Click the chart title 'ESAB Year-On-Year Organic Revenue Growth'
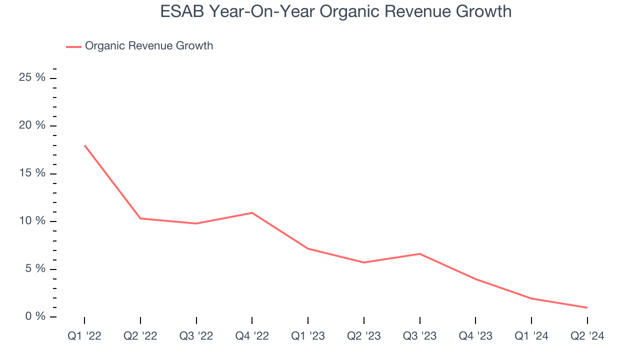[336, 11]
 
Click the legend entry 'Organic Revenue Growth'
[148, 46]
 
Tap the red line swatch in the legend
[73, 46]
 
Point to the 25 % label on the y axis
[32, 77]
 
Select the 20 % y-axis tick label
[32, 125]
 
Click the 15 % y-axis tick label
[32, 173]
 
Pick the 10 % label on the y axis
[32, 221]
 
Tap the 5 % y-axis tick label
[35, 269]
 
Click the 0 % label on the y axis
[35, 316]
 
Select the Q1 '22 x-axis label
[84, 336]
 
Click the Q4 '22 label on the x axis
[252, 336]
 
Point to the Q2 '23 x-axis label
[364, 336]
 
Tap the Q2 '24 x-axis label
[587, 336]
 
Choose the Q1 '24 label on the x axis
[531, 336]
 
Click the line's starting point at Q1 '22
[84, 145]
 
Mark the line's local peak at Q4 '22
[252, 213]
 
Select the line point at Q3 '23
[419, 254]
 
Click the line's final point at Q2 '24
[587, 307]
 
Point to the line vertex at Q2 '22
[140, 218]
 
